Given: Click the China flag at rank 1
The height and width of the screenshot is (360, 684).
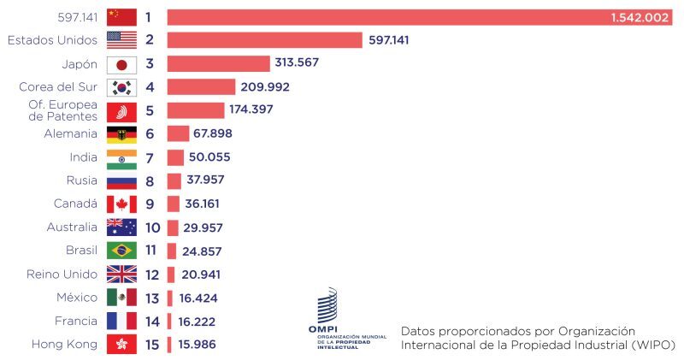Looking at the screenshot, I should tap(121, 17).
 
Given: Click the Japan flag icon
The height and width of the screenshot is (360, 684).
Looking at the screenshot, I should tap(121, 64).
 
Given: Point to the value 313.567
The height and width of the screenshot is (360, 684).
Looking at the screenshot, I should tap(297, 63).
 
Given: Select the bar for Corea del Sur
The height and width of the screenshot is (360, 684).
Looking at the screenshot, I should tap(201, 86).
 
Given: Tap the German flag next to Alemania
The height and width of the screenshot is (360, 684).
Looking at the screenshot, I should tap(121, 133).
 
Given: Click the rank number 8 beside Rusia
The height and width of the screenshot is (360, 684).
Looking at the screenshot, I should tap(149, 180).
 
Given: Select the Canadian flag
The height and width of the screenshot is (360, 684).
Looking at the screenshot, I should tap(121, 204).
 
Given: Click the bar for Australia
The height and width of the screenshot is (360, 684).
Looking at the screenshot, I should tap(173, 227).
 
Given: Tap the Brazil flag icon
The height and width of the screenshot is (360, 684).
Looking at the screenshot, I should tap(121, 251).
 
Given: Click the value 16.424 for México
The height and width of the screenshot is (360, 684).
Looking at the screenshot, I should tap(203, 298).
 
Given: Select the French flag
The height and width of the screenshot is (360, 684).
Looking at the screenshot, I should tap(121, 321).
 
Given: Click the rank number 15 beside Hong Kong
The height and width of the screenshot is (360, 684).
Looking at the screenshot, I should tap(152, 345).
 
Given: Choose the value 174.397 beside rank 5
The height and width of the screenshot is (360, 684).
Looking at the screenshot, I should tap(257, 109).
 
